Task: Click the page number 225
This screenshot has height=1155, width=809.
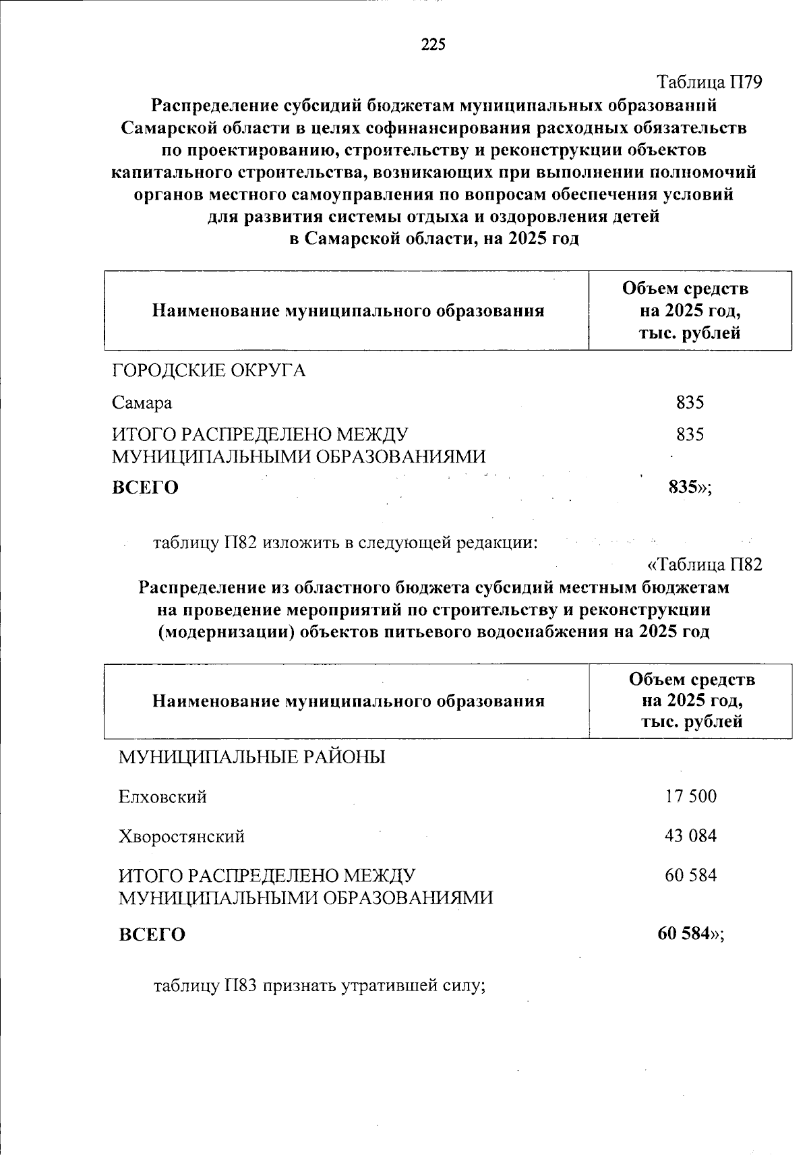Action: [x=433, y=45]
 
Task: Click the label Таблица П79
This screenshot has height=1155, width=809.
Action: [x=709, y=83]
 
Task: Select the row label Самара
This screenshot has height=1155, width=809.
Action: [x=142, y=403]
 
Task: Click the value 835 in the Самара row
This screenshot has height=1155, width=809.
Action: [x=690, y=403]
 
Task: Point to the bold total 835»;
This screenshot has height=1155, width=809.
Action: [x=690, y=487]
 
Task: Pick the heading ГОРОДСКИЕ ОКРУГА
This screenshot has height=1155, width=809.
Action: [x=208, y=371]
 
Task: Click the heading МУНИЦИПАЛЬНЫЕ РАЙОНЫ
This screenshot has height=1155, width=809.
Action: [x=252, y=757]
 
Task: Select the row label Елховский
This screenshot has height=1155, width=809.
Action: [x=162, y=797]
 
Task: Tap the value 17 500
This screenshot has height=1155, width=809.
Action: [x=690, y=796]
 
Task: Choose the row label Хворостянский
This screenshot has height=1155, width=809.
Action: [x=181, y=837]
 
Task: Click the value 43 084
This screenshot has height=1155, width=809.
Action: [x=690, y=836]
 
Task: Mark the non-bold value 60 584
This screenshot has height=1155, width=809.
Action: [x=690, y=875]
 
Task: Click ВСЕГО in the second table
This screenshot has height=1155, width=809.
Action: [x=152, y=935]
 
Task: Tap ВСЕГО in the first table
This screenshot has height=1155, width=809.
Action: [x=145, y=487]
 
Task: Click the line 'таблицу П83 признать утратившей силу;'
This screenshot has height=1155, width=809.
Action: [x=320, y=986]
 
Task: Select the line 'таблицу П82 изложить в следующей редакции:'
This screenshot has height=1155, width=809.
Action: [x=345, y=543]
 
